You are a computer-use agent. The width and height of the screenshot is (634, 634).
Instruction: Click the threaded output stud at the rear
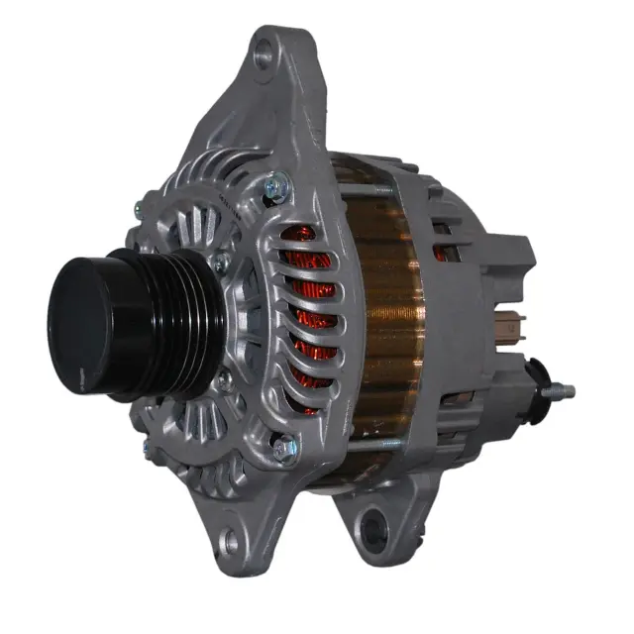563,390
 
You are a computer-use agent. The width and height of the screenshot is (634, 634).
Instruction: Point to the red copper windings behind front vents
307,307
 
